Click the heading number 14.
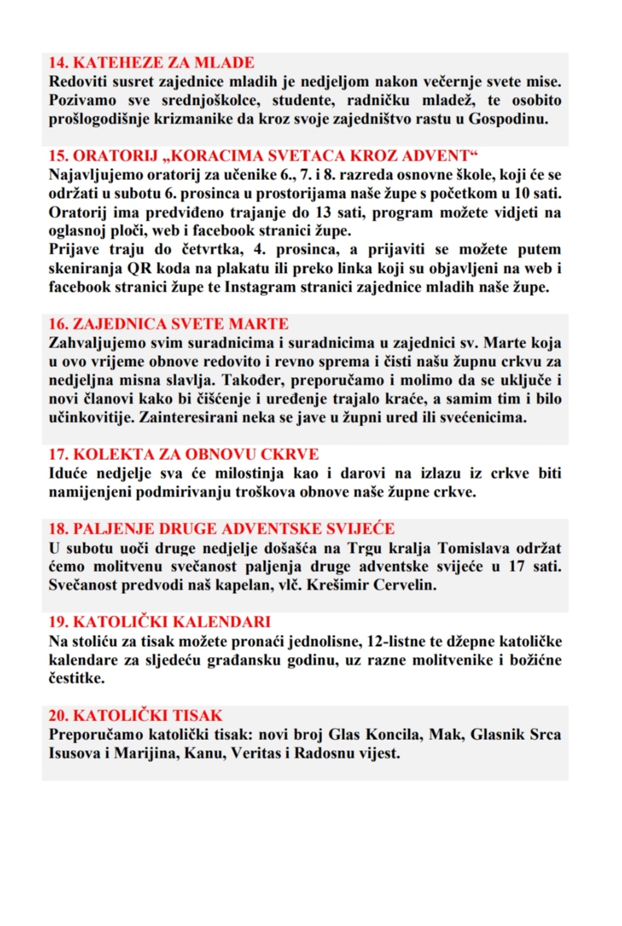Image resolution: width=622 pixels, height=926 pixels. [x=58, y=63]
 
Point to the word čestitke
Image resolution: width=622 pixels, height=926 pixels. [x=76, y=678]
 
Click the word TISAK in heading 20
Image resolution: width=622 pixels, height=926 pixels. [x=193, y=716]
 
